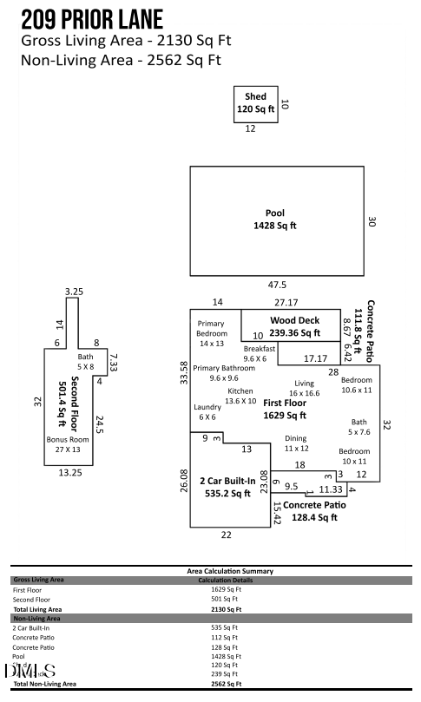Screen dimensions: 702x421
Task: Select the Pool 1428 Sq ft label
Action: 274,219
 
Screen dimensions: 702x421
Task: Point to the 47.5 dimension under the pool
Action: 276,285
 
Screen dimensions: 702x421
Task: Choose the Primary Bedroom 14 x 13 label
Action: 211,338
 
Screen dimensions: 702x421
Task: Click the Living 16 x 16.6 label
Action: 304,388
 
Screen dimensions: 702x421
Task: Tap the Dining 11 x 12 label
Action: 296,443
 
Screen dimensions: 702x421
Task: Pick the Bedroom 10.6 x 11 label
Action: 356,385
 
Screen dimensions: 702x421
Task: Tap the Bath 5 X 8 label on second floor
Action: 85,362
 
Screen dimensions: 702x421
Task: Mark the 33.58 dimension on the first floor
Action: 183,374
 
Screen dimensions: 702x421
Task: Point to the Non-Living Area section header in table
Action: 36,619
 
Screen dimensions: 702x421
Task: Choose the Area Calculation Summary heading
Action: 230,571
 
